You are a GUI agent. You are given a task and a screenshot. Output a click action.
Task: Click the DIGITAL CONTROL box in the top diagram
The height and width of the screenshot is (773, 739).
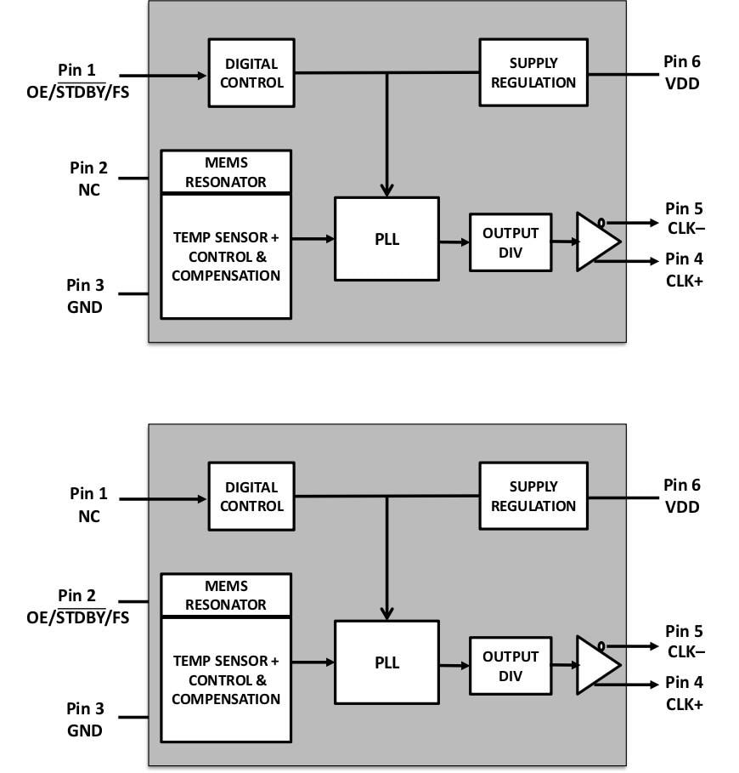coord(251,73)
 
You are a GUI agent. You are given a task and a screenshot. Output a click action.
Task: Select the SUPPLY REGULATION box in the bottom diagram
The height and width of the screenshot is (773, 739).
coord(533,497)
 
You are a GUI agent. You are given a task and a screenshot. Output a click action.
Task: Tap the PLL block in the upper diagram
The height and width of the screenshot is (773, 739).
coord(386,239)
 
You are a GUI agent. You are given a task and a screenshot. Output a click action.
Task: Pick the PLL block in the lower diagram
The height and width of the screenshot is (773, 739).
coord(386,662)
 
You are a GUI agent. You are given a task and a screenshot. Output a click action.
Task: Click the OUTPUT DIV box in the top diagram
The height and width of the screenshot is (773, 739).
coord(510,242)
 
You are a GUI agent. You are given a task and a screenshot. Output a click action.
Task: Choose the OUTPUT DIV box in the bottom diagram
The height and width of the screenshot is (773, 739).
coord(510,666)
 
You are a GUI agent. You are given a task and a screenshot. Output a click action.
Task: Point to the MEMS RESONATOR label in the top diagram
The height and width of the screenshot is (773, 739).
coord(226,172)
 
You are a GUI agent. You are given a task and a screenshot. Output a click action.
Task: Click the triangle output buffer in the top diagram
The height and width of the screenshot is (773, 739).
coord(595,242)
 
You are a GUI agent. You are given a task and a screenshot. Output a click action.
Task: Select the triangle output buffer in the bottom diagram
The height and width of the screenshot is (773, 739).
coord(595,665)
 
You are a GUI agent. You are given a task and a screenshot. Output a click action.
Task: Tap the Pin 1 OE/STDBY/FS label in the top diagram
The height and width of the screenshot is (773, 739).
coord(78,80)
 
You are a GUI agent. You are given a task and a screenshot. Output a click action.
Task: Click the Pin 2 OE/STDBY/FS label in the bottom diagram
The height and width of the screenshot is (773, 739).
coord(78,606)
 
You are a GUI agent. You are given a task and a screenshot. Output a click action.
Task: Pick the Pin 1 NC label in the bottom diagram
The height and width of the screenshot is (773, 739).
coord(88,504)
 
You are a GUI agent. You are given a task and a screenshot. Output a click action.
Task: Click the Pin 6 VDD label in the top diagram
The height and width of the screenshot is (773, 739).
coord(682,72)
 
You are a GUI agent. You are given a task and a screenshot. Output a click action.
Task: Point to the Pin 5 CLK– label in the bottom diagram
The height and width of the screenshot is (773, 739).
coord(684,642)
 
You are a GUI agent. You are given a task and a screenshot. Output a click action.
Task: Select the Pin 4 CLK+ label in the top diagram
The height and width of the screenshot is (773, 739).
coord(684,270)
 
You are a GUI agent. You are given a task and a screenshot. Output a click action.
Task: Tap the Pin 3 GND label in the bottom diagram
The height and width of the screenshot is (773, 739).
coord(85,719)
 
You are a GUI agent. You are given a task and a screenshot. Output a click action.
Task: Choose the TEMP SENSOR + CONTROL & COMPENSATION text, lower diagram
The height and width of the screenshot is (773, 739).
coord(226,679)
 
